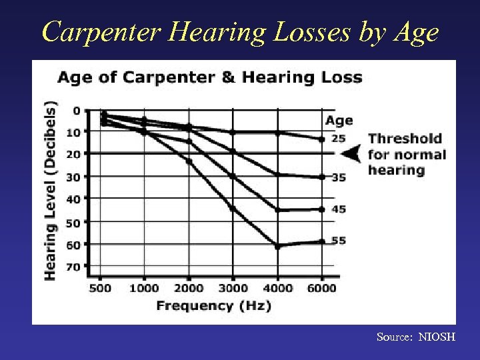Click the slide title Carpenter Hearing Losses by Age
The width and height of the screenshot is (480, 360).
[x=240, y=31]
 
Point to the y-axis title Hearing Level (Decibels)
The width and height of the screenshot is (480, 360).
[x=51, y=190]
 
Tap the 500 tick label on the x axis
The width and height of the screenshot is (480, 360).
[x=100, y=288]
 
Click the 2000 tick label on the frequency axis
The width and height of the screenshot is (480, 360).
[x=189, y=288]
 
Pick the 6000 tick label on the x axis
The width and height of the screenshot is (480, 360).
[x=322, y=288]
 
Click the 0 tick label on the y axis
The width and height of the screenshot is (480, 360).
[x=76, y=110]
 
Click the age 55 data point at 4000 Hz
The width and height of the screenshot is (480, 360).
[x=277, y=247]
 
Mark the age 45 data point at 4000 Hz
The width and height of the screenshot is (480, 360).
[x=277, y=210]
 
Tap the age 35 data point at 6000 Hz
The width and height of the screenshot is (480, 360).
[x=322, y=177]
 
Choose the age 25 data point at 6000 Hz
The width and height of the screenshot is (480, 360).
[x=322, y=139]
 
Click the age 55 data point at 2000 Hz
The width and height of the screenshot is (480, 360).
[x=189, y=161]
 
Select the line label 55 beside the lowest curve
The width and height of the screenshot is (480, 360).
[x=339, y=241]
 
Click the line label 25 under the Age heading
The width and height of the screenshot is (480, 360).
[x=339, y=138]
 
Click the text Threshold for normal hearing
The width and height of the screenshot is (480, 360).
[x=407, y=154]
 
